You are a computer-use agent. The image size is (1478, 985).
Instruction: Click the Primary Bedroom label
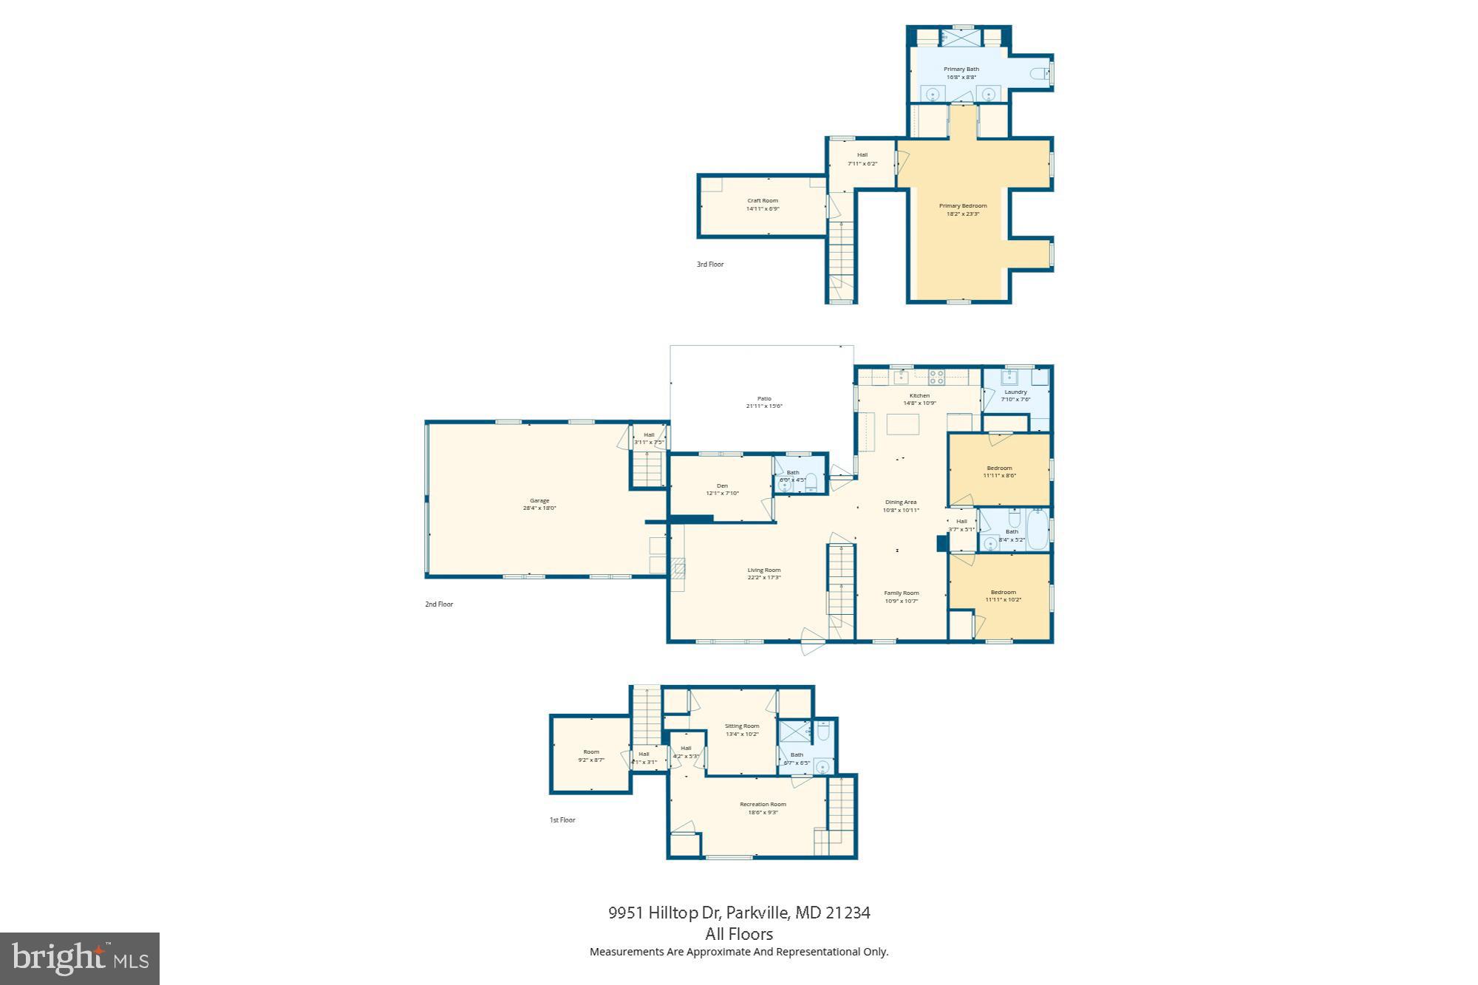963,206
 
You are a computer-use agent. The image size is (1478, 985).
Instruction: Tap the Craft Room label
763,200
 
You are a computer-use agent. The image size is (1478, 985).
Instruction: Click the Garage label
539,500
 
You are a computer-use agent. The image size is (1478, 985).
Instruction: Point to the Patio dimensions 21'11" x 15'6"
764,406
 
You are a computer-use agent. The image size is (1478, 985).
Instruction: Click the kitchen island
902,425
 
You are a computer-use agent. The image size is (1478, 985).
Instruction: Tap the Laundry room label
1015,392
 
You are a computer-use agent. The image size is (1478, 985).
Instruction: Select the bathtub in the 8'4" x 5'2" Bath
1036,530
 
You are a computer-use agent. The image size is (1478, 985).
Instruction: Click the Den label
722,485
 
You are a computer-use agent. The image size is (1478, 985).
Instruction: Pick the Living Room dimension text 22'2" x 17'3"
764,578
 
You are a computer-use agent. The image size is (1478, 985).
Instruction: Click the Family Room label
902,593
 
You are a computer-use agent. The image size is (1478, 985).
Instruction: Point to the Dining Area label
900,502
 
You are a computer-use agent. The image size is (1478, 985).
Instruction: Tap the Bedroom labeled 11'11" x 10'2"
1003,593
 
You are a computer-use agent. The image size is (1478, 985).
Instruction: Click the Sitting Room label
742,726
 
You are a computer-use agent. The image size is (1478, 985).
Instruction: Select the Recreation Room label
763,804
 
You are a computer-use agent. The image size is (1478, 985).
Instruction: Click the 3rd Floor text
710,264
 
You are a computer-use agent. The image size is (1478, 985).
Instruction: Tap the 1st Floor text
562,819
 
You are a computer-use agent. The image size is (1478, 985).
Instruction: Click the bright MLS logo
80,958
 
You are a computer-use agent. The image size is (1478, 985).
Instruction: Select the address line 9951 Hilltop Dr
739,913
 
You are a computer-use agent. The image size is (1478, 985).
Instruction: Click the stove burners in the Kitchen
936,377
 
